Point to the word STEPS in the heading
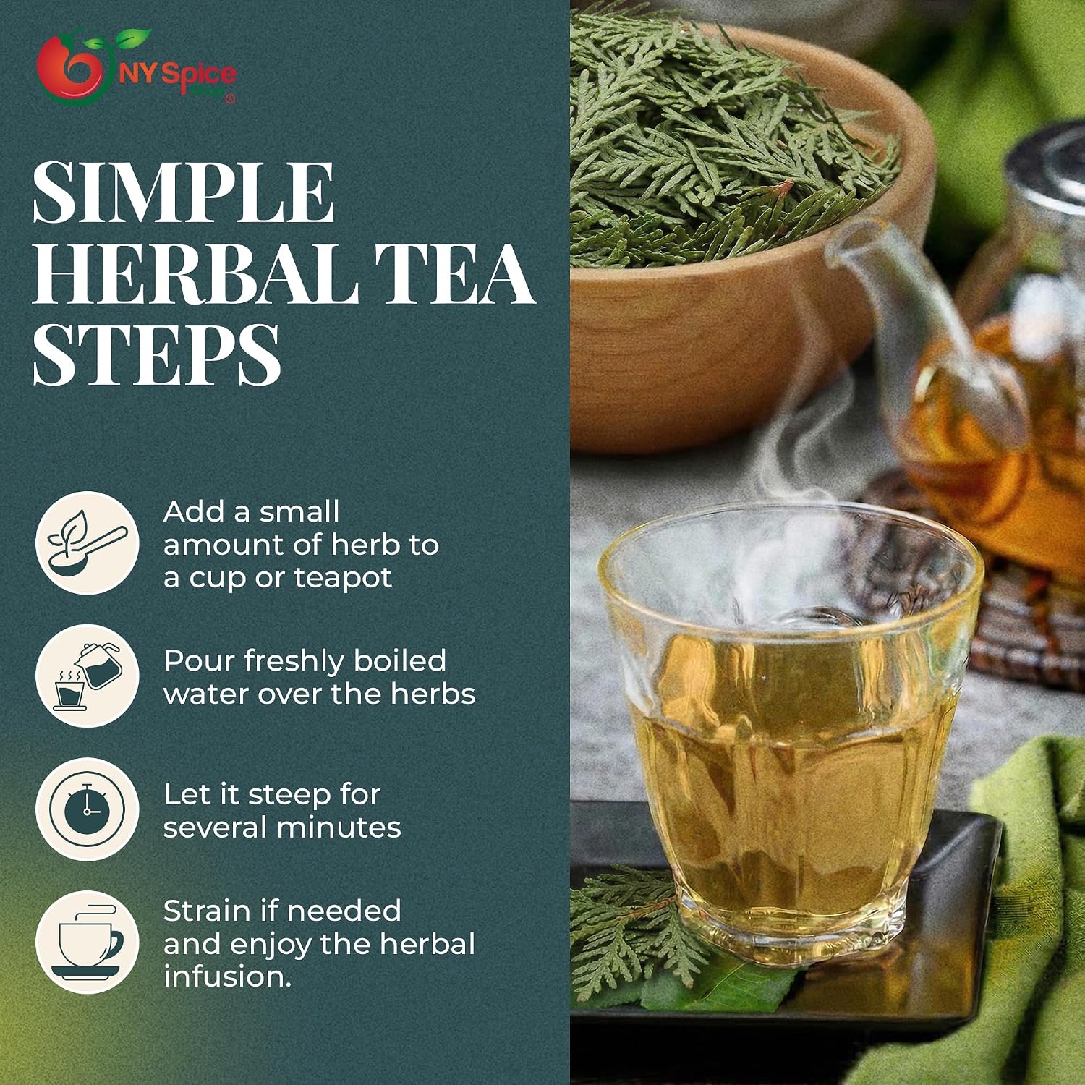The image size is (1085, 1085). click(156, 354)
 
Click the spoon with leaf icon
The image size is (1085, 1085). click(87, 543)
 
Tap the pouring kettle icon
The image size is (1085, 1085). click(87, 676)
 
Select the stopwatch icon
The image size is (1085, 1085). click(87, 809)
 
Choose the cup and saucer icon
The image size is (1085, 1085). click(87, 942)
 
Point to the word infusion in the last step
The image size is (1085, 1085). click(228, 977)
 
